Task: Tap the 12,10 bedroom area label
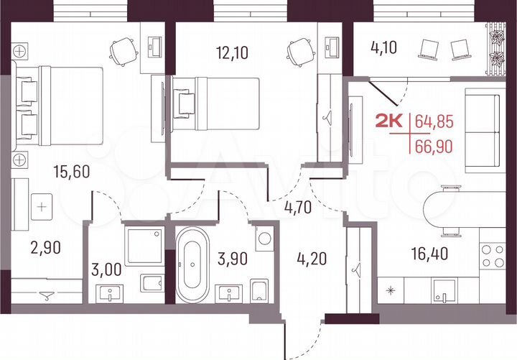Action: [232, 51]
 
